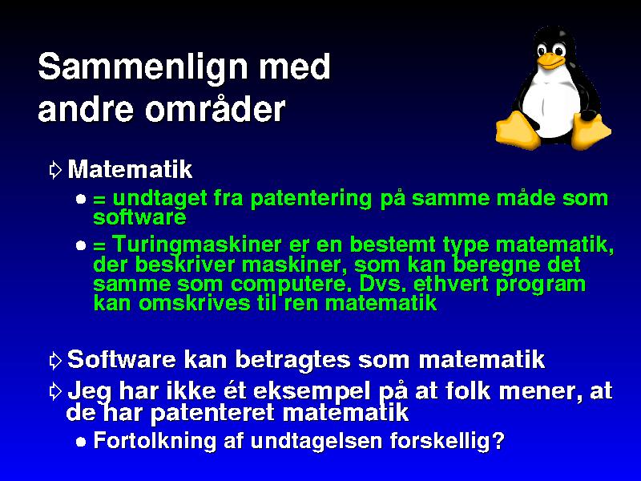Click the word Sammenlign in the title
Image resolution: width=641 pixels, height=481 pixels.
click(143, 67)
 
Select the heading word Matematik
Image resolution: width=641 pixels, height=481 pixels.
click(130, 169)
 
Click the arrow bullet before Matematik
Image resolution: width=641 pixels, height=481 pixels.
click(54, 170)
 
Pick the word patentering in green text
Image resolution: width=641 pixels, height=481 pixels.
click(311, 199)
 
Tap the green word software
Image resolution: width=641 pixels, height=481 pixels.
click(139, 216)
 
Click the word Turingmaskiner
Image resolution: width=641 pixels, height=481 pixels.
click(197, 245)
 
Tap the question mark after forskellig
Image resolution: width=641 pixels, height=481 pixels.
click(498, 440)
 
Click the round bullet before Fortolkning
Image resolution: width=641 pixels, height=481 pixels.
click(81, 443)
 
